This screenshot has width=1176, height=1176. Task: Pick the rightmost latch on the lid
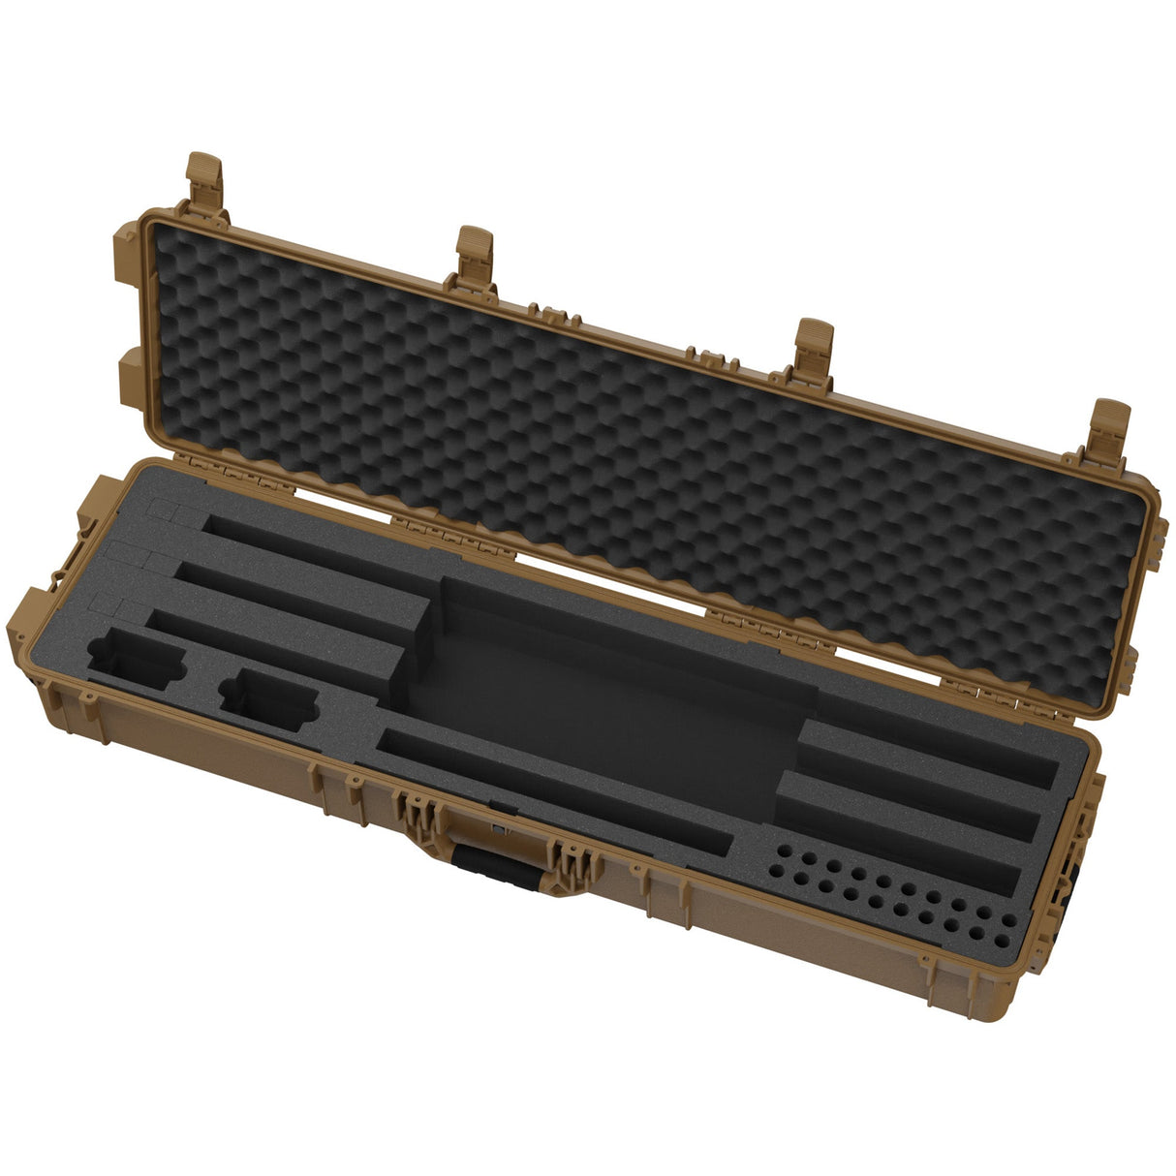[x=1110, y=426]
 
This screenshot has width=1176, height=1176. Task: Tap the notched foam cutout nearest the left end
[x=136, y=660]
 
